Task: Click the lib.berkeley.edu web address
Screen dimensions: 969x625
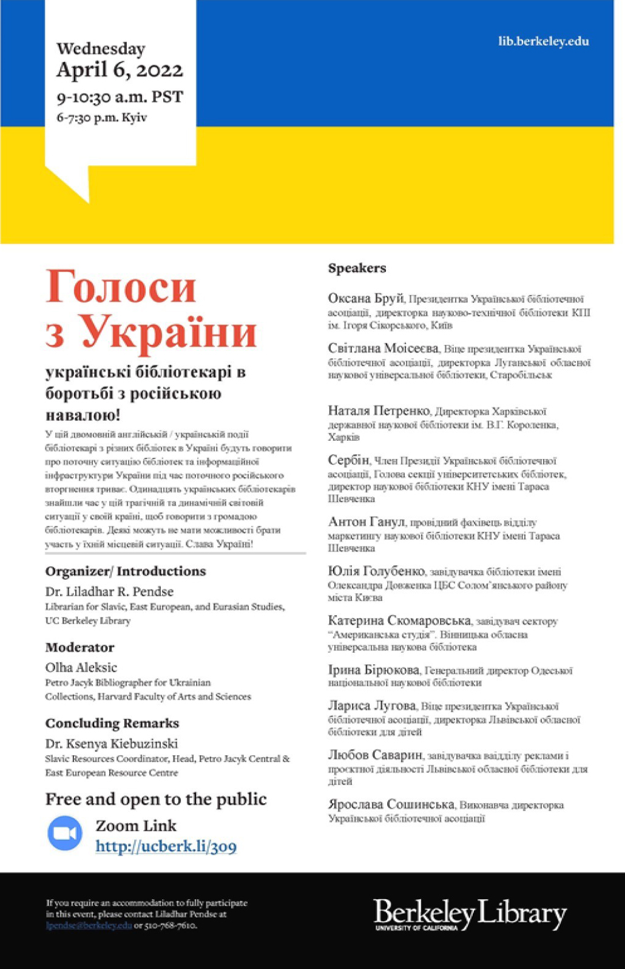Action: [x=543, y=41]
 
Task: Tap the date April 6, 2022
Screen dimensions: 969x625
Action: [x=120, y=70]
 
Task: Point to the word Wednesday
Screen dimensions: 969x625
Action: [x=101, y=49]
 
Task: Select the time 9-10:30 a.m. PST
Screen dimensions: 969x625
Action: [x=120, y=97]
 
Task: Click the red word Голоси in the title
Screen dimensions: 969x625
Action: [x=121, y=287]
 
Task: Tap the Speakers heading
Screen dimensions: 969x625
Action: [x=357, y=268]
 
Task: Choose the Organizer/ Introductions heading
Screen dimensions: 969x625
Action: [x=125, y=571]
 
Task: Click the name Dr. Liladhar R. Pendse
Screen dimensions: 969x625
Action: [x=109, y=591]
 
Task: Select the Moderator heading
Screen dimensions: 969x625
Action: [x=79, y=647]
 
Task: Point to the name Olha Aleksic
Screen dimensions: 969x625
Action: [x=81, y=667]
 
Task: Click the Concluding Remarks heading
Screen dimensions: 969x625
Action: [x=112, y=723]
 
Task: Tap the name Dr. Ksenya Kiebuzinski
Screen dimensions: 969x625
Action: [x=111, y=743]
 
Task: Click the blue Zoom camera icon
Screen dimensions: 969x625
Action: [x=65, y=833]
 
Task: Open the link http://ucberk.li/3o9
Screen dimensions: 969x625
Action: [x=166, y=846]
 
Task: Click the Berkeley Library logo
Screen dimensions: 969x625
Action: [x=470, y=914]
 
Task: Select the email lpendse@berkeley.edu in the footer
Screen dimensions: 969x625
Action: [x=89, y=925]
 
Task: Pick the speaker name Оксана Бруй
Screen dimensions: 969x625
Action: [x=365, y=299]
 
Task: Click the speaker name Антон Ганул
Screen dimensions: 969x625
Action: [x=367, y=522]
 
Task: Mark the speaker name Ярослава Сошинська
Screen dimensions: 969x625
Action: [x=391, y=804]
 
